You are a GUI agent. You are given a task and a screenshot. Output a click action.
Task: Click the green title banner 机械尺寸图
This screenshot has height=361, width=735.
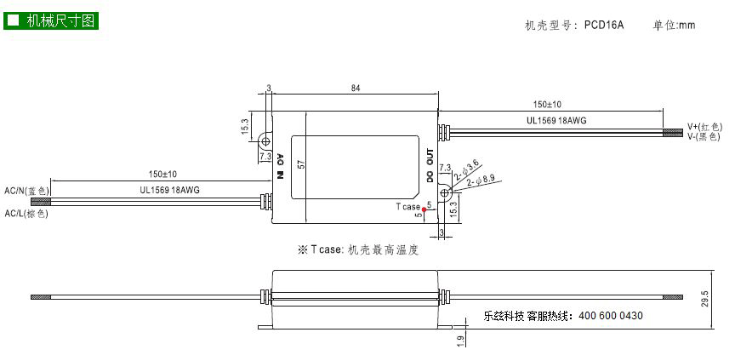click(51, 20)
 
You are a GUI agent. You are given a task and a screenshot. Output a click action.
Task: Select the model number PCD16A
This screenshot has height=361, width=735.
click(604, 25)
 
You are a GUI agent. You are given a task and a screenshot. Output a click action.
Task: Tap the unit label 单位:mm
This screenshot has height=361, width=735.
click(674, 25)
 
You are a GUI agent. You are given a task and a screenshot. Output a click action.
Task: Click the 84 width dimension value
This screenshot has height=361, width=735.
click(356, 89)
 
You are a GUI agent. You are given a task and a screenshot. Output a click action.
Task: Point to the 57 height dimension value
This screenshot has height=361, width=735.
click(301, 164)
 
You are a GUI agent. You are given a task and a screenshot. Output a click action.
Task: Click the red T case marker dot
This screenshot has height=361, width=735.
click(424, 209)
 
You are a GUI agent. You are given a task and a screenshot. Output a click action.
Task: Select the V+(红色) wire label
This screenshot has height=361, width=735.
click(704, 127)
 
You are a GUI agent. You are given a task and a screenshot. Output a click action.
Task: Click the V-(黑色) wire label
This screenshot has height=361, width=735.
click(704, 136)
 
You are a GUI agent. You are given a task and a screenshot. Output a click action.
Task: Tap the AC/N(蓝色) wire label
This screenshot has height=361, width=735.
click(26, 191)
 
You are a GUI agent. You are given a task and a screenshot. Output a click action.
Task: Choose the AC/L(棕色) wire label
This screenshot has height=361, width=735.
click(26, 214)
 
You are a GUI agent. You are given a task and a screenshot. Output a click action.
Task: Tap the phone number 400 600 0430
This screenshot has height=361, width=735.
click(611, 316)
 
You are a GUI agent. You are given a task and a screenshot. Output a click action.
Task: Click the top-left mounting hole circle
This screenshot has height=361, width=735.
click(265, 141)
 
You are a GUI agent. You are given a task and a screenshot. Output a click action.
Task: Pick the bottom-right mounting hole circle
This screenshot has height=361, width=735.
click(444, 192)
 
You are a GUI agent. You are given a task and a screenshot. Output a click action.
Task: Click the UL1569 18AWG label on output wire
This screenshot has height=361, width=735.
click(556, 121)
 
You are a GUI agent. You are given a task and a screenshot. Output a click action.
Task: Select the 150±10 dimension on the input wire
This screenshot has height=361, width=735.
click(162, 175)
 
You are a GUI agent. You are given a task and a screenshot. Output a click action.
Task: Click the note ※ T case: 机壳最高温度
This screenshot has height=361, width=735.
click(357, 249)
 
